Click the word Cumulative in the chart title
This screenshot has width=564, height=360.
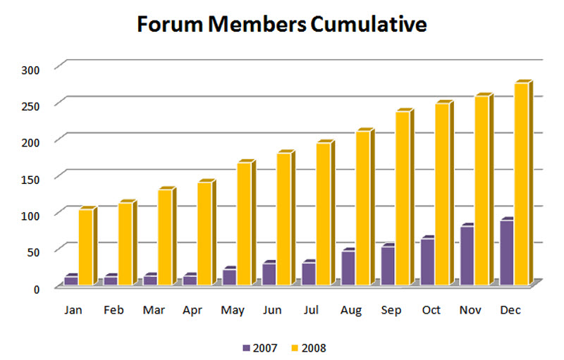[x=368, y=25]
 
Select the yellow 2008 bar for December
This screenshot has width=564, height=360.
[x=523, y=183]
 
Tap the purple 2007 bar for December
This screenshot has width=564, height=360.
[x=506, y=252]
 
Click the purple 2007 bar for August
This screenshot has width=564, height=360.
[x=348, y=267]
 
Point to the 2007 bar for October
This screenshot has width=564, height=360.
[x=427, y=261]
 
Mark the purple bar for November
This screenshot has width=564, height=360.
[x=467, y=255]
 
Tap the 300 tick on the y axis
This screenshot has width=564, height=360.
[x=30, y=70]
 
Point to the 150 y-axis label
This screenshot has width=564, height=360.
[x=30, y=179]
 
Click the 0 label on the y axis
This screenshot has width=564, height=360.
[x=37, y=289]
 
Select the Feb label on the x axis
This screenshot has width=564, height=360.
[x=114, y=310]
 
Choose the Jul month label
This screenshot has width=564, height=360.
[x=311, y=310]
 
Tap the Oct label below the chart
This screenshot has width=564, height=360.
[x=431, y=310]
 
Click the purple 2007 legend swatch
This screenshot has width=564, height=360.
[x=246, y=348]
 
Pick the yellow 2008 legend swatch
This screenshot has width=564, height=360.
[x=295, y=348]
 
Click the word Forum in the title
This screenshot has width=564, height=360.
[x=170, y=25]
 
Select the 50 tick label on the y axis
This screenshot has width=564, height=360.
[x=32, y=252]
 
